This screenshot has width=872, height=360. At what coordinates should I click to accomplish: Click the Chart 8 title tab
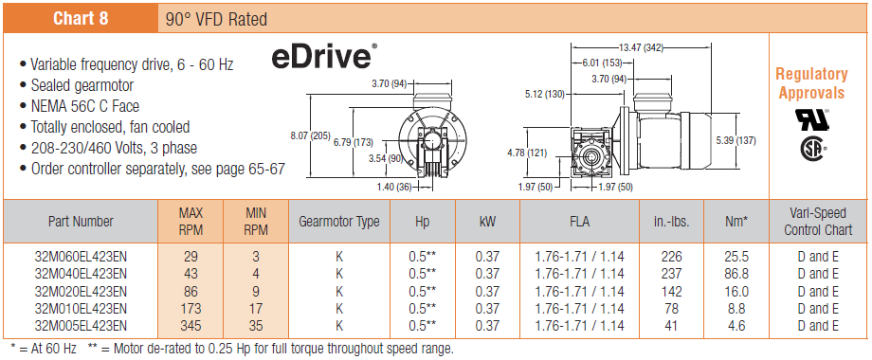81,18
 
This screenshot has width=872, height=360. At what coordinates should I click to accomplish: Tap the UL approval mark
812,119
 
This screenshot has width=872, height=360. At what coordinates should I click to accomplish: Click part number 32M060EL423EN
81,257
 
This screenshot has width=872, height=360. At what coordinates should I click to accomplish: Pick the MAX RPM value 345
191,326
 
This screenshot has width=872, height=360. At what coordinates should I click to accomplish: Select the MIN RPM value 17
256,308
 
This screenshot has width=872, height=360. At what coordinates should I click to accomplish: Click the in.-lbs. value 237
672,274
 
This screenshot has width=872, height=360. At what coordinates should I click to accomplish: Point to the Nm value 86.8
736,274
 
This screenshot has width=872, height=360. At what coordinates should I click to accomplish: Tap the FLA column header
579,222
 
